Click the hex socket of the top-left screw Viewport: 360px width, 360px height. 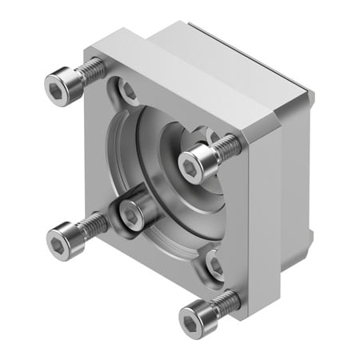(x=57, y=82)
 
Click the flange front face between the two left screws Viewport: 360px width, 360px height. (x=88, y=160)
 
